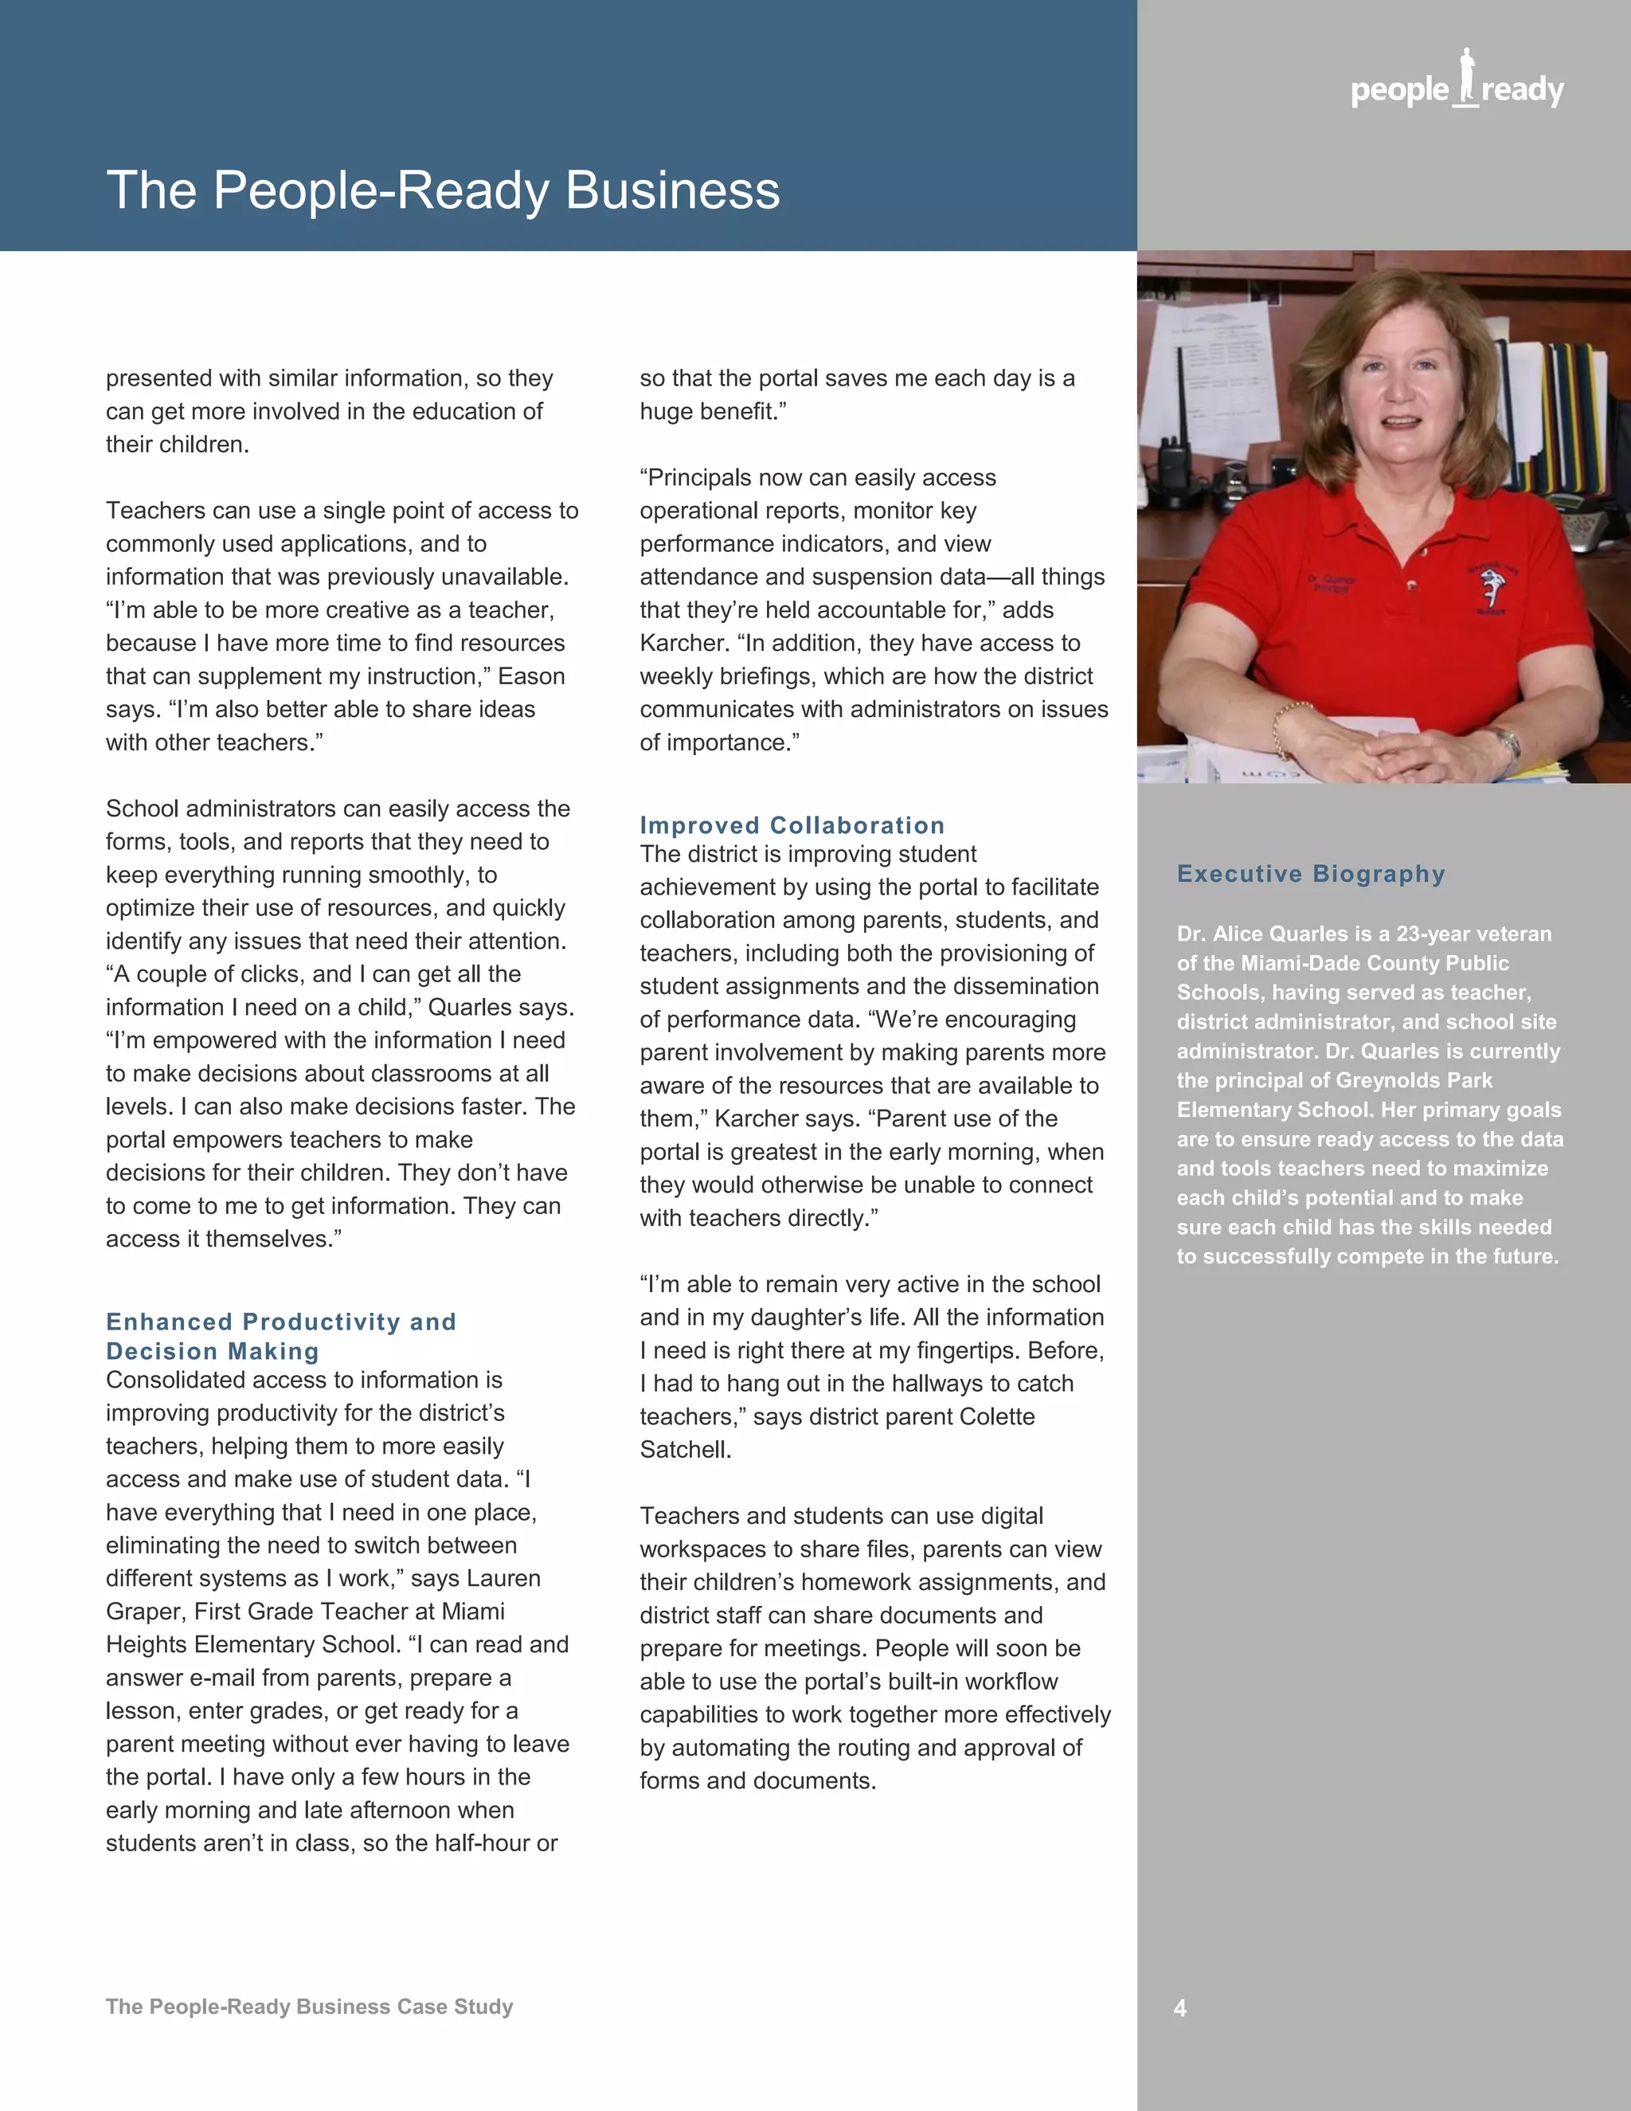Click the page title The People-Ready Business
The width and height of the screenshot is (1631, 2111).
(443, 190)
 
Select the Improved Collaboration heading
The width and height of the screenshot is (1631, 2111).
(792, 824)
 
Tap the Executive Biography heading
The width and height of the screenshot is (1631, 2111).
(1310, 874)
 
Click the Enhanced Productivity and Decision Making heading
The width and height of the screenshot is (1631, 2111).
(280, 1336)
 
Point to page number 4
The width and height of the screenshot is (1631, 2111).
(1179, 2007)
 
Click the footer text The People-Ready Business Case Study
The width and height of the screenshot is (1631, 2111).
(309, 2006)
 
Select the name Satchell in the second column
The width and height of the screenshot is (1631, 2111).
(684, 1450)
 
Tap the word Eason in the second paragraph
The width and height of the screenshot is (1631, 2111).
(530, 676)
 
